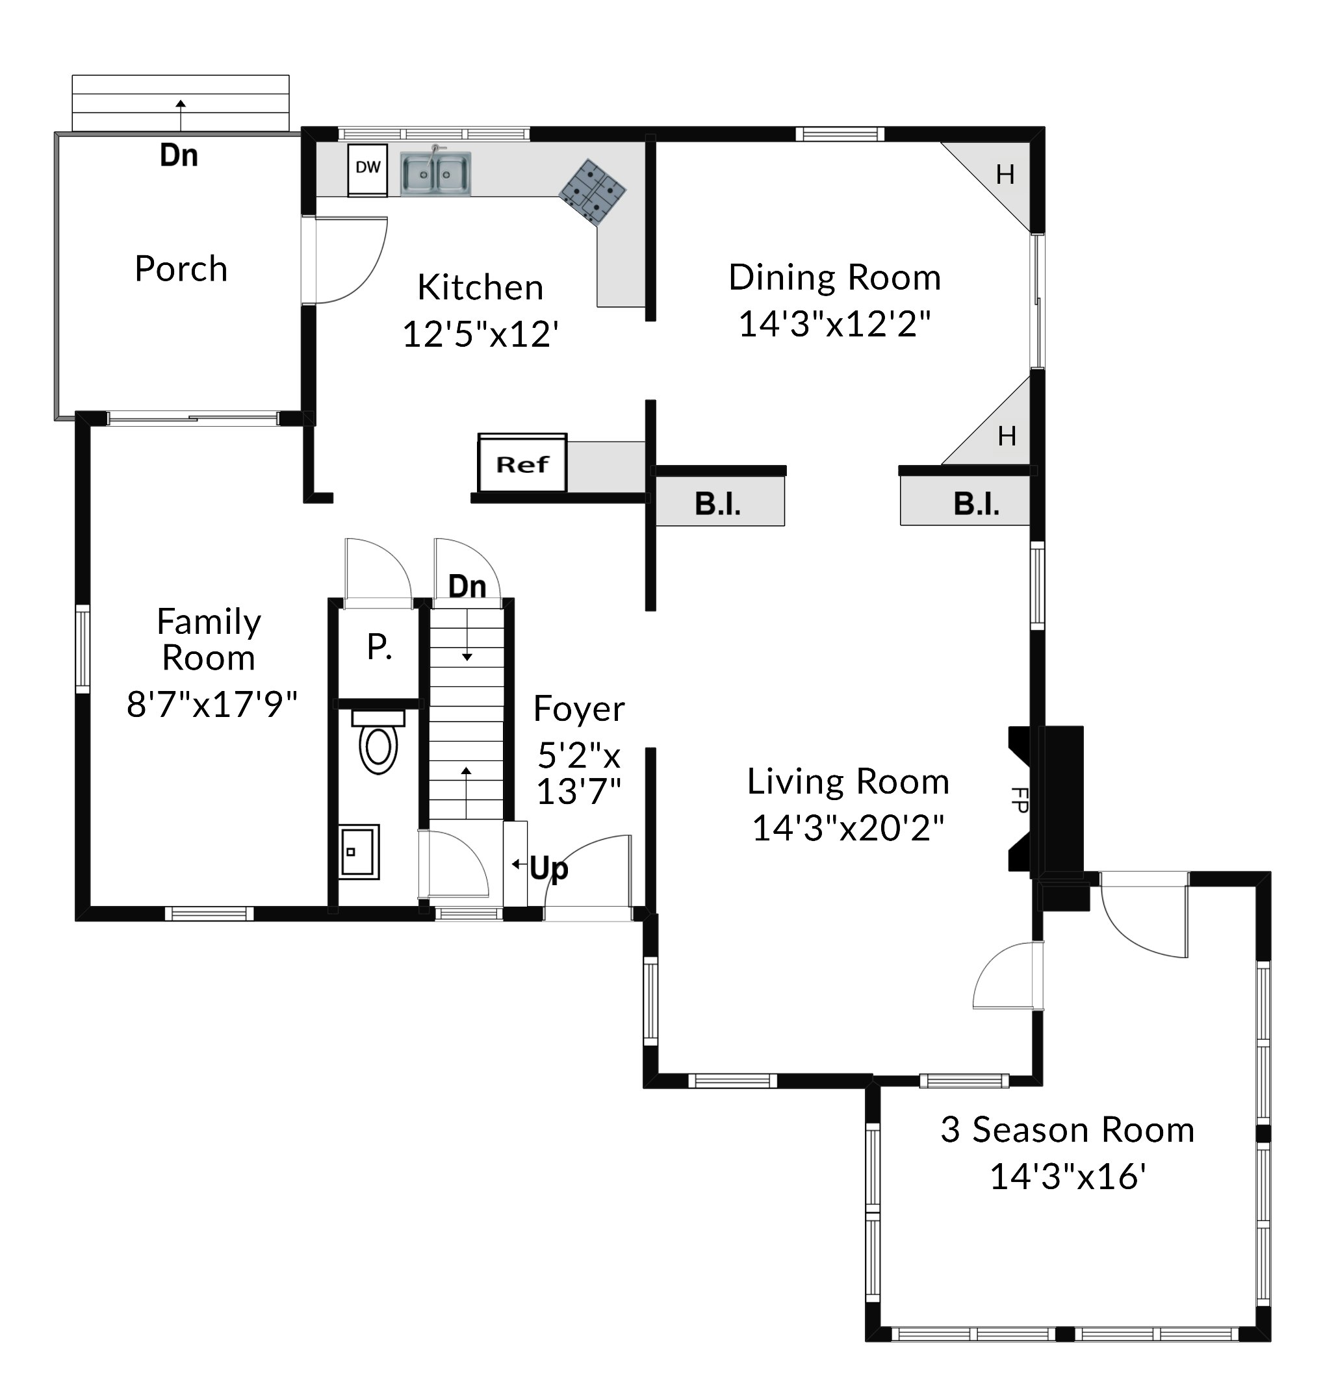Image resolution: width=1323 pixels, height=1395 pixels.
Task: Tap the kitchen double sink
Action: click(x=436, y=173)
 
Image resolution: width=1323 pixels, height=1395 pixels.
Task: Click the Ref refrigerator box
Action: click(x=522, y=463)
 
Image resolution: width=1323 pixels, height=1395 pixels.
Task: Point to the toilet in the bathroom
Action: click(x=378, y=742)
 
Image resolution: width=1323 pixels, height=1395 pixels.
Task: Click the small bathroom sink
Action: click(x=358, y=851)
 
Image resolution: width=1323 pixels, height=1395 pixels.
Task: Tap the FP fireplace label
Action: click(x=1019, y=800)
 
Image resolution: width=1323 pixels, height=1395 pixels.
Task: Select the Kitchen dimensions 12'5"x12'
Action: click(x=480, y=334)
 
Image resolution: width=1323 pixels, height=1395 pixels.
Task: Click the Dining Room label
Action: click(x=835, y=277)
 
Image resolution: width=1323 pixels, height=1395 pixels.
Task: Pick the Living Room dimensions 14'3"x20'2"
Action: click(x=849, y=828)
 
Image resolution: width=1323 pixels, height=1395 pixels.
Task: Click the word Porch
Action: click(x=181, y=269)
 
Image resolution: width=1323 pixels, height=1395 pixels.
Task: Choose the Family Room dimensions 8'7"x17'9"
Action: click(x=212, y=704)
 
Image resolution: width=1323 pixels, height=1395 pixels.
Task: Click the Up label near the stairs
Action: click(x=548, y=868)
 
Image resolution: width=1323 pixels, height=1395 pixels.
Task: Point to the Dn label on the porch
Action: click(x=179, y=155)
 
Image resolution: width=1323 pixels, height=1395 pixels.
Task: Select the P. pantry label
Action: click(x=379, y=646)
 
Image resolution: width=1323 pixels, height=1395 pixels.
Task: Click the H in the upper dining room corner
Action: click(x=1006, y=174)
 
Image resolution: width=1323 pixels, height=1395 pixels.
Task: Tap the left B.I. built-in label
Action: click(x=718, y=504)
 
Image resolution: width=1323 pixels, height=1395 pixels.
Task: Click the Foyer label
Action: click(x=579, y=709)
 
